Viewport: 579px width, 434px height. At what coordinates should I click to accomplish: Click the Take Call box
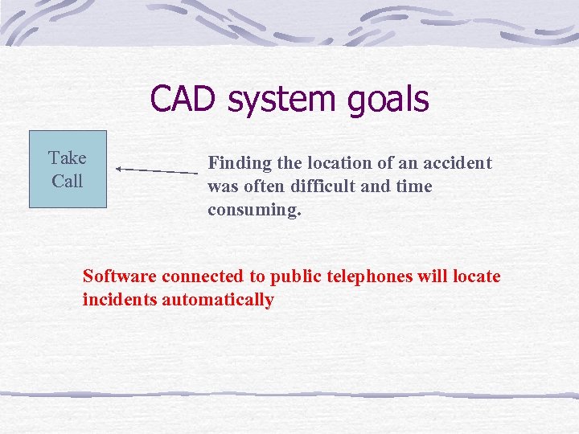click(x=68, y=170)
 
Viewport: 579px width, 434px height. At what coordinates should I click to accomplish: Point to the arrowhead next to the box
click(x=119, y=170)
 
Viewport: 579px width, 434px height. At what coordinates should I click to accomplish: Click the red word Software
click(x=120, y=276)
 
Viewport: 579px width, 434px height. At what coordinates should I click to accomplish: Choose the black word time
click(x=414, y=186)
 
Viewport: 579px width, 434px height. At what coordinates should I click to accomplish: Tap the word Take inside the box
click(x=68, y=158)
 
